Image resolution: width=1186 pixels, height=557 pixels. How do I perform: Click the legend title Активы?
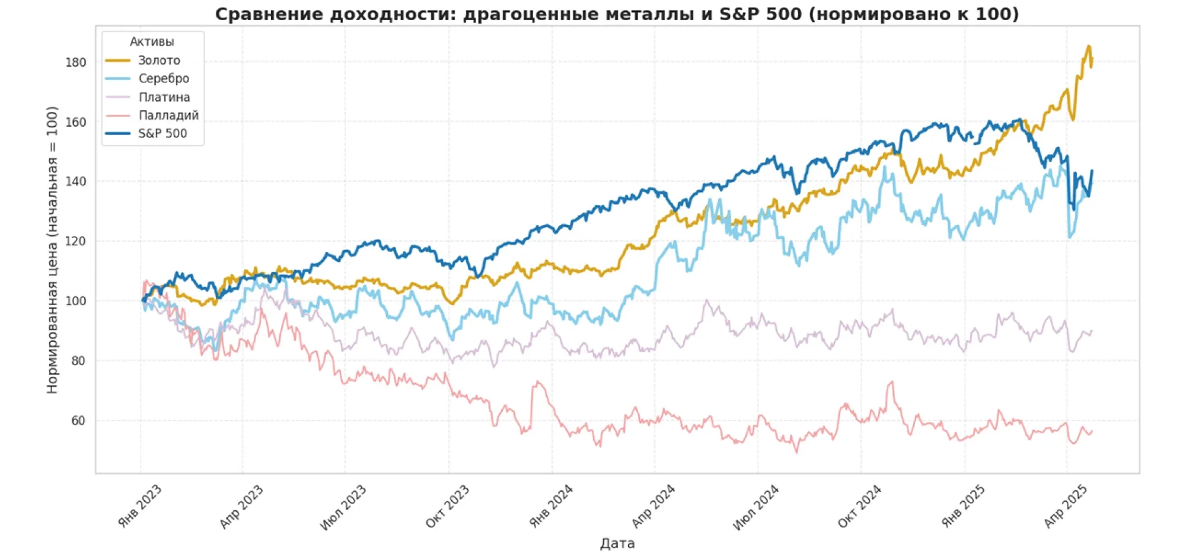click(x=152, y=42)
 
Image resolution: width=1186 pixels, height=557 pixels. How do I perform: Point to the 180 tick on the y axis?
click(x=76, y=62)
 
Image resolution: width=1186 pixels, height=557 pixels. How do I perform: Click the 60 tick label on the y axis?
click(x=78, y=421)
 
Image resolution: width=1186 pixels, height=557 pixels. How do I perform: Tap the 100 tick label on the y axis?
click(x=76, y=301)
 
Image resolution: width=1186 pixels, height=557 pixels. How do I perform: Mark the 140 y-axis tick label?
click(x=76, y=182)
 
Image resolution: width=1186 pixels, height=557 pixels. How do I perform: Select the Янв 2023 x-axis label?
click(x=140, y=506)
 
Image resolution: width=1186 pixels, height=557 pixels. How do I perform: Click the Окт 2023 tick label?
click(x=448, y=506)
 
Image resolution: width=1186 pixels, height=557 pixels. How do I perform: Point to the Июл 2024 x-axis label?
click(x=756, y=507)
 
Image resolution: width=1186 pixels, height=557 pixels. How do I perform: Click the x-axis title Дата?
click(x=617, y=543)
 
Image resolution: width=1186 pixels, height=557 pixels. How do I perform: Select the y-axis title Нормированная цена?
click(x=53, y=249)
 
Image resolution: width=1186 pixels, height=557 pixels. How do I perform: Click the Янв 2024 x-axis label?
click(x=551, y=506)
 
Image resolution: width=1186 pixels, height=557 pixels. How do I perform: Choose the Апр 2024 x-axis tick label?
click(x=653, y=506)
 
